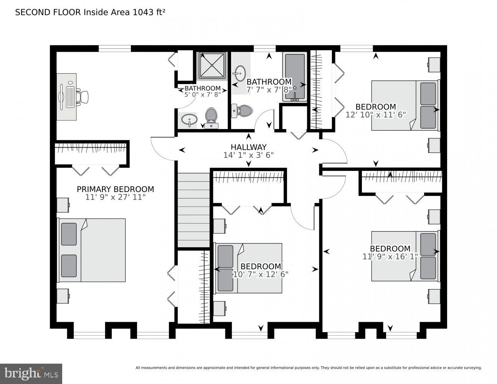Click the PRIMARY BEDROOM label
point(115,189)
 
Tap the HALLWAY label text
point(248,147)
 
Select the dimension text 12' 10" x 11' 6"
point(375,114)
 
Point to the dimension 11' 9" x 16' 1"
point(390,257)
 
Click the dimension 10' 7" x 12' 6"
point(261,274)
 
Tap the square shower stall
point(212,65)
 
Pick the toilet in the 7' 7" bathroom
point(243,111)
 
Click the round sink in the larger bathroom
point(240,73)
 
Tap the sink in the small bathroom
point(188,120)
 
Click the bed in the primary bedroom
point(92,250)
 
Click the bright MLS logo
point(31,373)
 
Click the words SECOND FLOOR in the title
point(48,12)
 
